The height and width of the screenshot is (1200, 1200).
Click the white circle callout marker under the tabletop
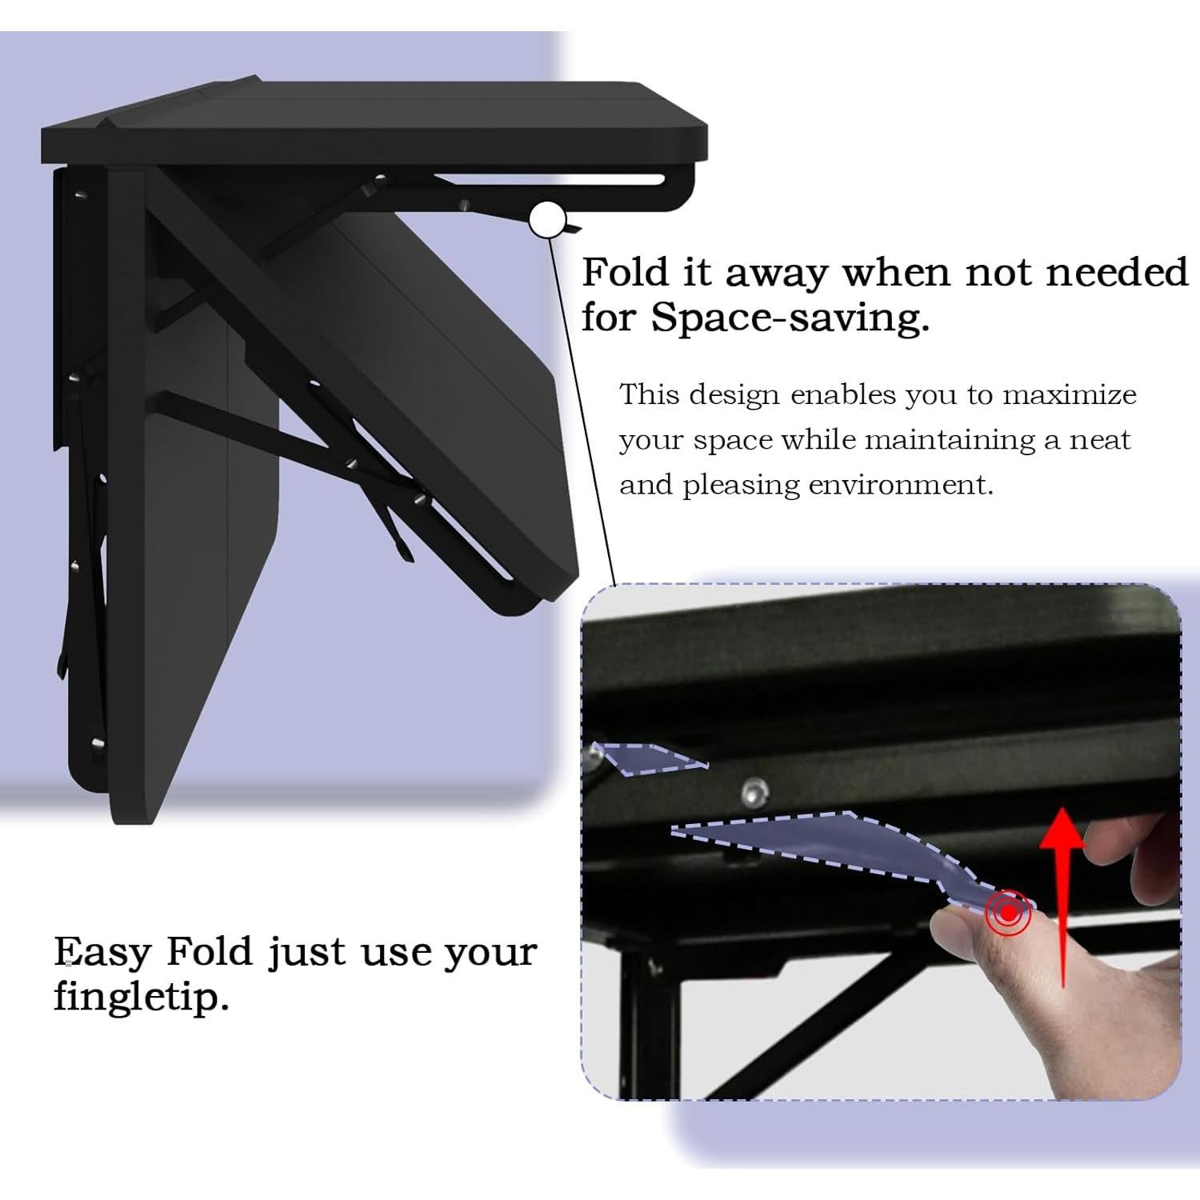[547, 220]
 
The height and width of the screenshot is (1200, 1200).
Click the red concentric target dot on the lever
[1010, 912]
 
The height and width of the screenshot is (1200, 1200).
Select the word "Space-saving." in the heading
[790, 318]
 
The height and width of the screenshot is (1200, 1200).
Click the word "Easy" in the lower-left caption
[102, 952]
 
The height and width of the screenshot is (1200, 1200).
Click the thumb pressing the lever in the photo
[972, 944]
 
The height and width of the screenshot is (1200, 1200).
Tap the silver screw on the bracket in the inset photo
[752, 792]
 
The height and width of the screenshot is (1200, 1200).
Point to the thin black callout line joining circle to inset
[584, 416]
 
